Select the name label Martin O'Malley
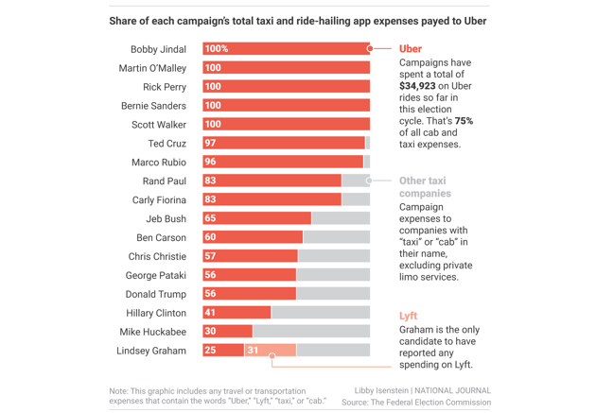(152, 68)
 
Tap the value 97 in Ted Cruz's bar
(211, 144)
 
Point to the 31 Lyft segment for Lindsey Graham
(253, 351)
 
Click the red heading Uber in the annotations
(411, 49)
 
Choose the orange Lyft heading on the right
(408, 316)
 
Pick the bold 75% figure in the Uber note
(464, 121)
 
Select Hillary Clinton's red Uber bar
(237, 313)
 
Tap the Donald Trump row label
(156, 294)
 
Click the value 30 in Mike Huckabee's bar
(211, 332)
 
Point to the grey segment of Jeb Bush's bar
(341, 218)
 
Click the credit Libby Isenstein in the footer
(381, 390)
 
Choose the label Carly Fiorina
(159, 200)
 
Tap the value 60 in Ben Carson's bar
(211, 237)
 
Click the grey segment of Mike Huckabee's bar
(310, 332)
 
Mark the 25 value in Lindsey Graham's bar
(211, 351)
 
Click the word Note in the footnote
(118, 390)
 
